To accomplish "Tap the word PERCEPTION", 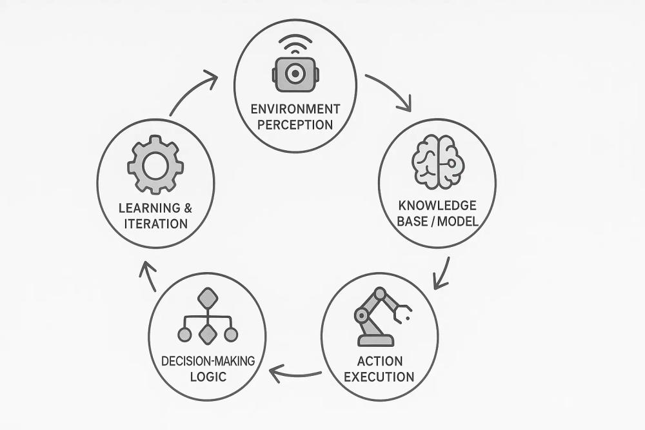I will click(295, 124).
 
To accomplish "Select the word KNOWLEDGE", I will click(437, 206).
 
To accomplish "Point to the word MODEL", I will click(456, 222).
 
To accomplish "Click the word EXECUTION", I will click(379, 376).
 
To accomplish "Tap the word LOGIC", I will click(208, 376).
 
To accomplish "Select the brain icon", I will click(437, 164).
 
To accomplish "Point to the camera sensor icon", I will click(295, 75).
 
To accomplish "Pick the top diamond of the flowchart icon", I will click(208, 298).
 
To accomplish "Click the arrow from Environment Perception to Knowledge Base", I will click(391, 92).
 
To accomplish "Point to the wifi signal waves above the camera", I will click(295, 46).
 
